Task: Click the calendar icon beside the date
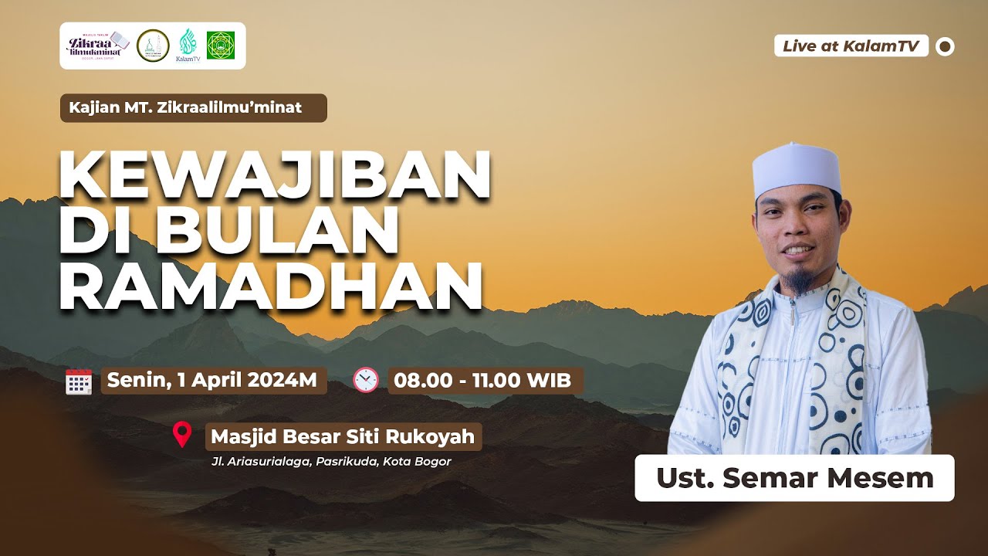coord(79,381)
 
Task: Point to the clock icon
coord(365,380)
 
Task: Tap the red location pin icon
coord(182,435)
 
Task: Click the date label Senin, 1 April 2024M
coord(213,380)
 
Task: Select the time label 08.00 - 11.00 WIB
coord(482,380)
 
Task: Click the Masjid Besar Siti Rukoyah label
coord(343,436)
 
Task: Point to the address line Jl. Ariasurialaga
coord(330,462)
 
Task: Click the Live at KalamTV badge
coord(851,46)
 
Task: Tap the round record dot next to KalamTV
coord(945,46)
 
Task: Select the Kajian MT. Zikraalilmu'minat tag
coord(193,108)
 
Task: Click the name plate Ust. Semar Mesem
coord(794,478)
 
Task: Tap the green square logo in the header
coord(221,46)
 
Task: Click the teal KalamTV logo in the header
coord(188,45)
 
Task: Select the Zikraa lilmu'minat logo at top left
coord(97,46)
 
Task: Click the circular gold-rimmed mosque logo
coord(152,46)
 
